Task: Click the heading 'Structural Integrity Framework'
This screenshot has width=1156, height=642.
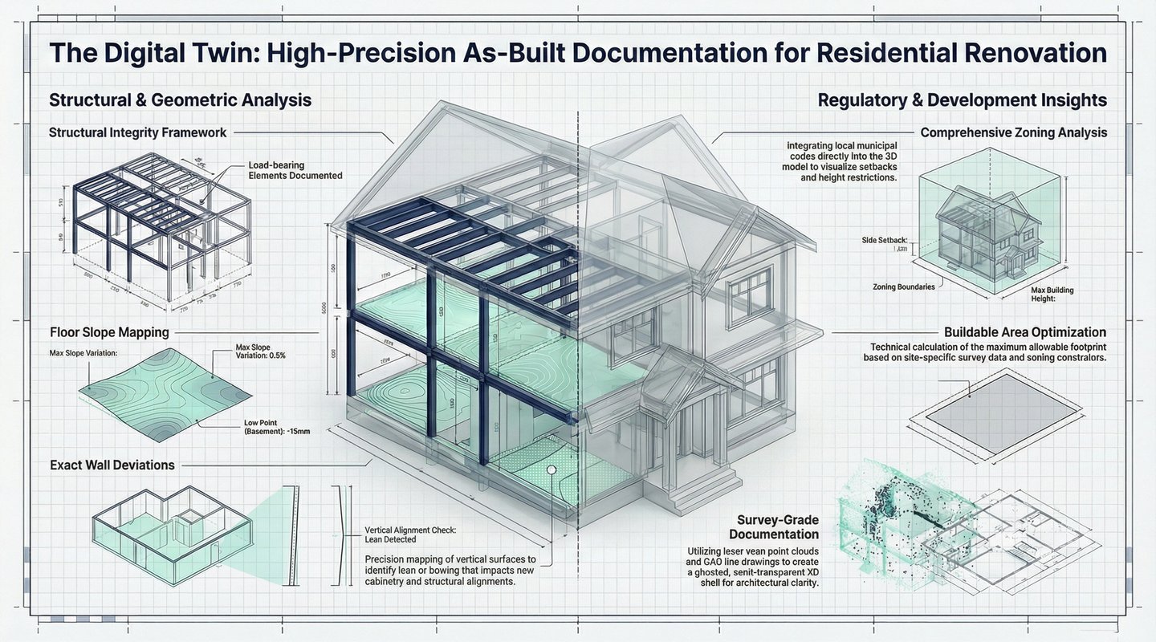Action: pyautogui.click(x=137, y=132)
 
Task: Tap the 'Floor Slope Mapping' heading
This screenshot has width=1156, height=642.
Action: pyautogui.click(x=109, y=331)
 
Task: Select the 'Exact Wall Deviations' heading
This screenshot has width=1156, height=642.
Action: pyautogui.click(x=112, y=465)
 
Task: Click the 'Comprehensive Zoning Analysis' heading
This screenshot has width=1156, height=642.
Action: pyautogui.click(x=1014, y=132)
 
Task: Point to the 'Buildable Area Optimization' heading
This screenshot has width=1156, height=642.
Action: pyautogui.click(x=1025, y=332)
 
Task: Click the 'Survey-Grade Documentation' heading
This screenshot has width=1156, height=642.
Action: pyautogui.click(x=774, y=526)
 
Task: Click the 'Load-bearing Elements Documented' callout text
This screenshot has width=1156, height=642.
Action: pyautogui.click(x=295, y=171)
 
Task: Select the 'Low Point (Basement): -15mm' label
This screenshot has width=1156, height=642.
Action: pyautogui.click(x=276, y=427)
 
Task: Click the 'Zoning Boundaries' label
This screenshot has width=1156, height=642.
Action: pyautogui.click(x=903, y=286)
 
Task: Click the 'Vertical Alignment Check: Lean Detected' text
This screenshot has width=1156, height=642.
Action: pyautogui.click(x=409, y=535)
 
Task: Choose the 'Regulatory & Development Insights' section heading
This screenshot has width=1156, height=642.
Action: pyautogui.click(x=962, y=100)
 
